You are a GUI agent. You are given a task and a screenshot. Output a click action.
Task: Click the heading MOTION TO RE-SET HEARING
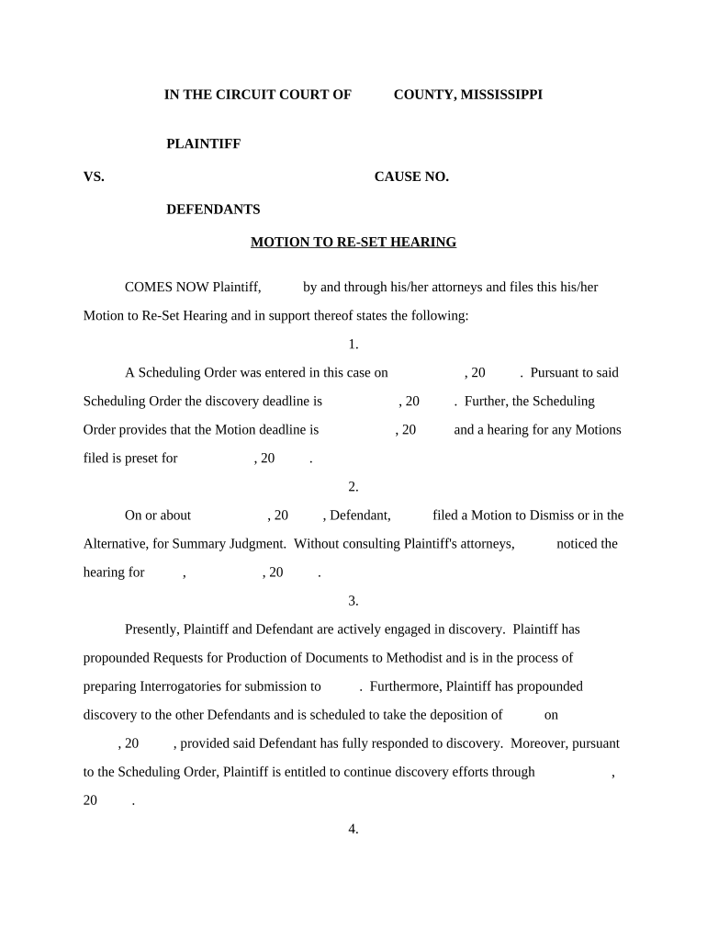[353, 243]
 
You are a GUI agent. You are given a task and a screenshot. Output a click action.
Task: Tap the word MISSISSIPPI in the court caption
[500, 95]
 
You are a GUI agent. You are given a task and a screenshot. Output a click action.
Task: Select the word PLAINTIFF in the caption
[203, 144]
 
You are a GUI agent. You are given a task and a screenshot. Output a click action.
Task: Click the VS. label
[94, 177]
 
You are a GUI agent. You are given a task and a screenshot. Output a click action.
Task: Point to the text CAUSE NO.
[411, 177]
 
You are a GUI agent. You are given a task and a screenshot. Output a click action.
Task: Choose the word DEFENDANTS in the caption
[213, 210]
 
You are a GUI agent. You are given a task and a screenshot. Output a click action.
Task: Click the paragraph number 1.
[353, 345]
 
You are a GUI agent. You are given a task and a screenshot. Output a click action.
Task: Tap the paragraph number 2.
[353, 487]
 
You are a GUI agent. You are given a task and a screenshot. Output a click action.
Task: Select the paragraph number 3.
[353, 601]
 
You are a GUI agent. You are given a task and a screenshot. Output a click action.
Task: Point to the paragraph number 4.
[353, 829]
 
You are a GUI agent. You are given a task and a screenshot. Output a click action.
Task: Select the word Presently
[151, 629]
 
